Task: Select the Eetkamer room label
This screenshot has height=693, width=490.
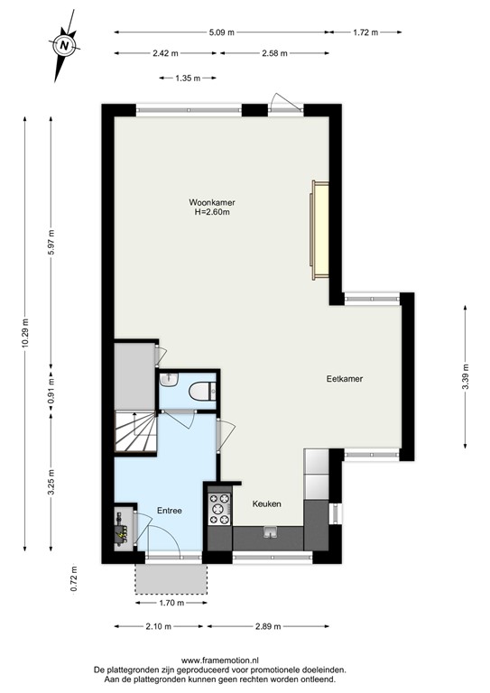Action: (x=345, y=379)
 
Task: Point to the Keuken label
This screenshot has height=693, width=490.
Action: (x=267, y=504)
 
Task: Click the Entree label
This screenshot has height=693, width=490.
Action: (x=170, y=511)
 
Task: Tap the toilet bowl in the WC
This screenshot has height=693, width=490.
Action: (x=202, y=391)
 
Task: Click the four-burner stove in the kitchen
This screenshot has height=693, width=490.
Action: (x=219, y=510)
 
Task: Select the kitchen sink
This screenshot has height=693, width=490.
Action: (x=269, y=533)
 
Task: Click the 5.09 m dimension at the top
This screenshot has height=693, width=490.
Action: (x=222, y=32)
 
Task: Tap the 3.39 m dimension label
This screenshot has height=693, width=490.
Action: (x=465, y=373)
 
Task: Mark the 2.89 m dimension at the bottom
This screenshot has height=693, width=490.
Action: (x=268, y=626)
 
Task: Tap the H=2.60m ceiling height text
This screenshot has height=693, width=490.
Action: (x=212, y=213)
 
